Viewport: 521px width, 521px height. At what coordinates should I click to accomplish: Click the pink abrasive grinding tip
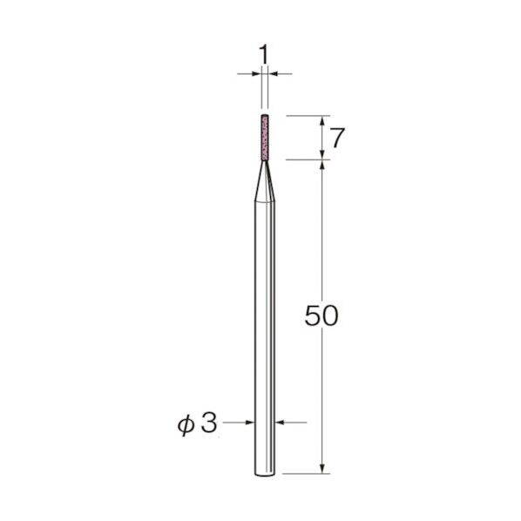[265, 138]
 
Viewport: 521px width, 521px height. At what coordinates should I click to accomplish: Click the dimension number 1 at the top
[263, 55]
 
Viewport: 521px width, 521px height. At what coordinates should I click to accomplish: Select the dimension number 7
[337, 138]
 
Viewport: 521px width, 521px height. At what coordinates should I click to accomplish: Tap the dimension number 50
[321, 315]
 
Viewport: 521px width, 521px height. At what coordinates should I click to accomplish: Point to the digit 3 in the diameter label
[209, 423]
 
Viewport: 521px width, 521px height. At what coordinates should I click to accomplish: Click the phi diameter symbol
[186, 425]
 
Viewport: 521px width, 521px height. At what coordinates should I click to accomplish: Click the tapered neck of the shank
[265, 181]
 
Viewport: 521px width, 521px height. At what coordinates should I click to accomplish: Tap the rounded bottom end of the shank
[265, 473]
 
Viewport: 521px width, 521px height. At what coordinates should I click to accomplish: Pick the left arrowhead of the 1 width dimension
[256, 73]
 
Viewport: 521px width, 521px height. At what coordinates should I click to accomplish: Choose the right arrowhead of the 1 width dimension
[273, 73]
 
